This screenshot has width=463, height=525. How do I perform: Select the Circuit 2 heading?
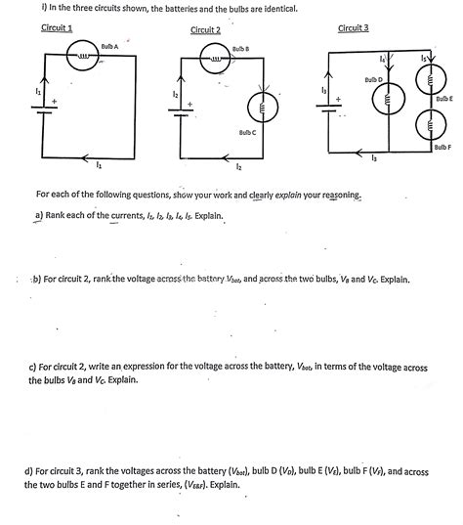coord(205,30)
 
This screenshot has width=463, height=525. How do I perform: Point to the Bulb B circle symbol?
coord(216,61)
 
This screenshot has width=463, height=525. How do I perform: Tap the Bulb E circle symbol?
coord(426,86)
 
